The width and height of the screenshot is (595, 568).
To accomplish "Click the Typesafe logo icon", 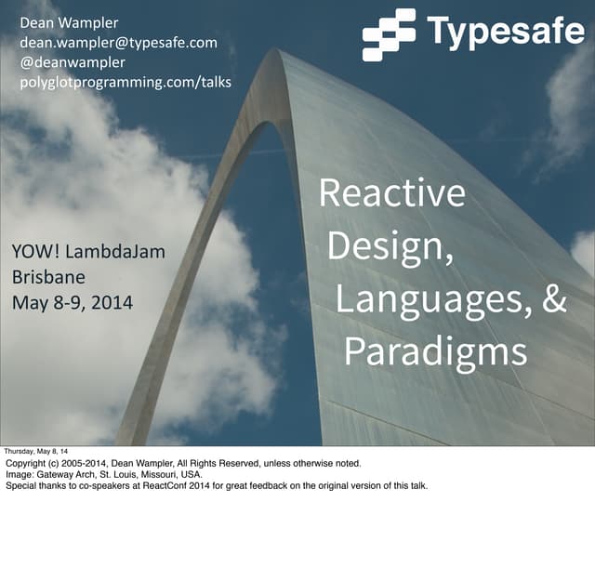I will click(389, 34).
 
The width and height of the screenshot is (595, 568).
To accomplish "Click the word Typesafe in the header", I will click(505, 32).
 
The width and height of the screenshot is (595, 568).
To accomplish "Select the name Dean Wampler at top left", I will click(70, 22).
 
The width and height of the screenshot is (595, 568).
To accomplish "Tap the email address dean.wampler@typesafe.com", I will click(118, 42).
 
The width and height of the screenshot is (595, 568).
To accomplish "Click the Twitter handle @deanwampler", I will click(73, 62).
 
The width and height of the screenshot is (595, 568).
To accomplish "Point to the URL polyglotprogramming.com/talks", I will click(126, 83).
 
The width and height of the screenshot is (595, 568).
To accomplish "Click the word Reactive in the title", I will click(391, 192).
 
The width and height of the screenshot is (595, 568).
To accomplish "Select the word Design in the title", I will click(385, 246).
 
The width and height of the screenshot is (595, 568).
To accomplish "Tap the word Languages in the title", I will click(425, 300).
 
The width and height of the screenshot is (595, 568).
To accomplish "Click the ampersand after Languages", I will click(554, 299).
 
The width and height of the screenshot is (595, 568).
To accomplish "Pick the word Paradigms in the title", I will click(435, 352).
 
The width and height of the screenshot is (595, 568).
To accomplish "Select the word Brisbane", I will click(48, 277).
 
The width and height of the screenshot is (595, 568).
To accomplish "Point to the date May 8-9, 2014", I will click(72, 302).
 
